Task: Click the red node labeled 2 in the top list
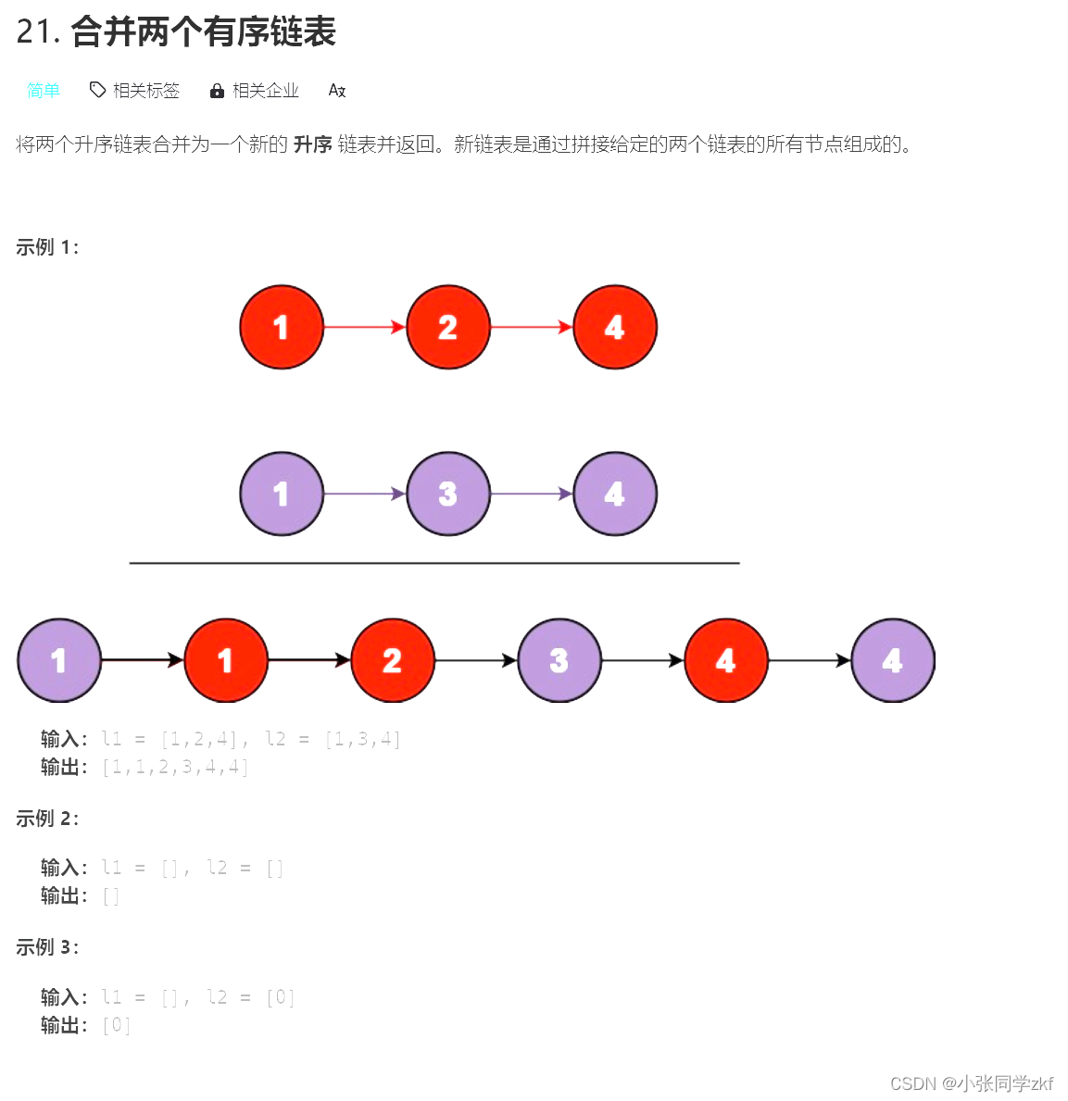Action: click(x=448, y=327)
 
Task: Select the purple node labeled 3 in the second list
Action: click(x=448, y=494)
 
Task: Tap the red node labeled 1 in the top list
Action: click(x=282, y=327)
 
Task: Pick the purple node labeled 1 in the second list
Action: click(x=282, y=494)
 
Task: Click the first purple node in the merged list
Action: click(x=59, y=660)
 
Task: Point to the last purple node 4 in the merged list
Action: click(x=893, y=660)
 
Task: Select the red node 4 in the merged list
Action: click(x=726, y=660)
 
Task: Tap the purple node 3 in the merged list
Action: click(x=559, y=660)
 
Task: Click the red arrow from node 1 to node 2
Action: click(x=365, y=327)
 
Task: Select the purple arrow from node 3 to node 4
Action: click(x=532, y=494)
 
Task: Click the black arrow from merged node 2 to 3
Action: click(x=476, y=660)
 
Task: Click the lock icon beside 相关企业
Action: click(x=217, y=91)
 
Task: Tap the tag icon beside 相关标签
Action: click(x=97, y=90)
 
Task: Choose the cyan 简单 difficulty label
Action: click(x=44, y=90)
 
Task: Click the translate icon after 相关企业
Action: click(x=337, y=91)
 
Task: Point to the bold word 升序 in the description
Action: click(x=312, y=144)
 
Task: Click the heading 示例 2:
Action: click(x=47, y=819)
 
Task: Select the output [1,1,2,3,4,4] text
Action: click(x=175, y=767)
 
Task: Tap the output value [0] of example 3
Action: click(x=117, y=1025)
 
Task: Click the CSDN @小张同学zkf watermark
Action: click(x=971, y=1083)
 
